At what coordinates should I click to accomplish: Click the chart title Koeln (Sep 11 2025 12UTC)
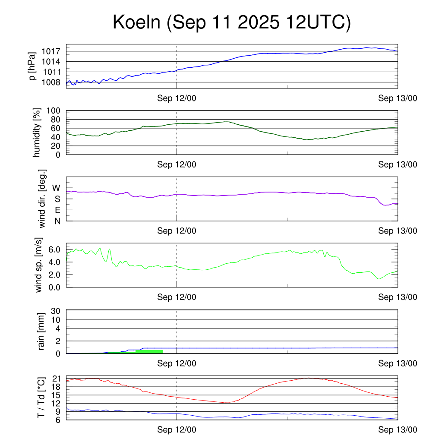coord(232,22)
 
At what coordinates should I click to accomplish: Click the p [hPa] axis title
coord(32,66)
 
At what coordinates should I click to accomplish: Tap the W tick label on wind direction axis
coord(56,188)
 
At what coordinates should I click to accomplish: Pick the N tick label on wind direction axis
coord(57,221)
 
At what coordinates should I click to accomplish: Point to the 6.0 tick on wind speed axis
coord(54,249)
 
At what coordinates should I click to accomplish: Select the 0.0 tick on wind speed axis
coord(54,287)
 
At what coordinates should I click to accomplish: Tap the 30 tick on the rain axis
coord(56,311)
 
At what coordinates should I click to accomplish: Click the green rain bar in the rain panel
coord(149,351)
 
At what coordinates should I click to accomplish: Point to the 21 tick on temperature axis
coord(56,379)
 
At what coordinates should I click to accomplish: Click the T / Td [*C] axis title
coord(41,398)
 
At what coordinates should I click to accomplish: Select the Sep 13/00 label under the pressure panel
coord(398,98)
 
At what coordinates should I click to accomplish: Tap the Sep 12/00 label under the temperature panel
coord(177,430)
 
